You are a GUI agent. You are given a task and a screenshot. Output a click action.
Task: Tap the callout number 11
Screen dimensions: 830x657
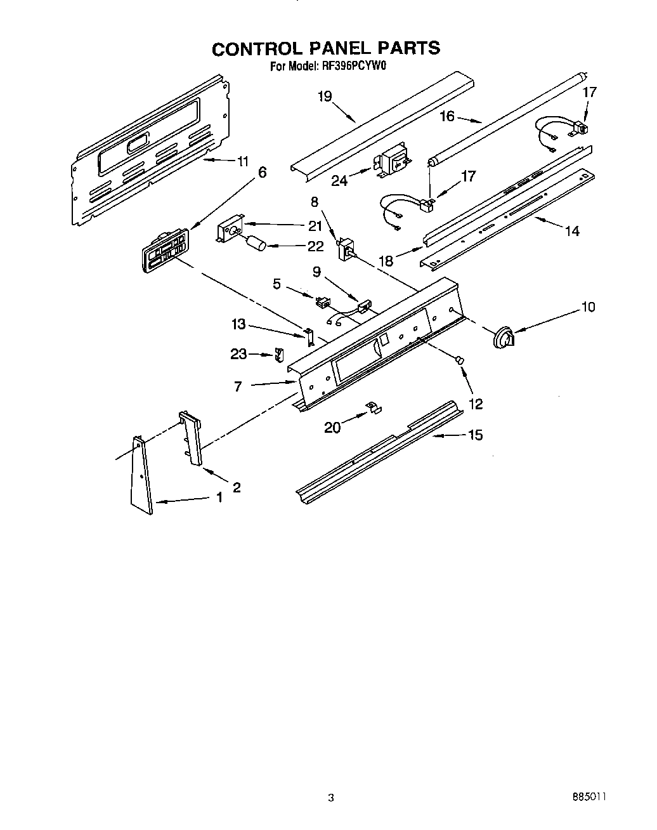tap(242, 161)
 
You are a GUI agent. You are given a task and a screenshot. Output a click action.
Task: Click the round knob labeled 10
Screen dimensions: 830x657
tap(504, 337)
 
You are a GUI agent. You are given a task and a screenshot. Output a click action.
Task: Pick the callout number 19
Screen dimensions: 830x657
tap(325, 96)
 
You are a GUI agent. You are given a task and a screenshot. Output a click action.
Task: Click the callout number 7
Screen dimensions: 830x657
tap(238, 386)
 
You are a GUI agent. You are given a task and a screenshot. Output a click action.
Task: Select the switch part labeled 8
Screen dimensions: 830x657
tap(347, 249)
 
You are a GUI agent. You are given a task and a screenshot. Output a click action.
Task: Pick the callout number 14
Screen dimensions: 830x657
tap(572, 232)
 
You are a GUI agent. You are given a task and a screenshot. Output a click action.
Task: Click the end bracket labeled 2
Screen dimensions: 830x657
tap(191, 438)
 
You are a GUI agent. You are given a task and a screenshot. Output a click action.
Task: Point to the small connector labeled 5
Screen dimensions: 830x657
tap(323, 301)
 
